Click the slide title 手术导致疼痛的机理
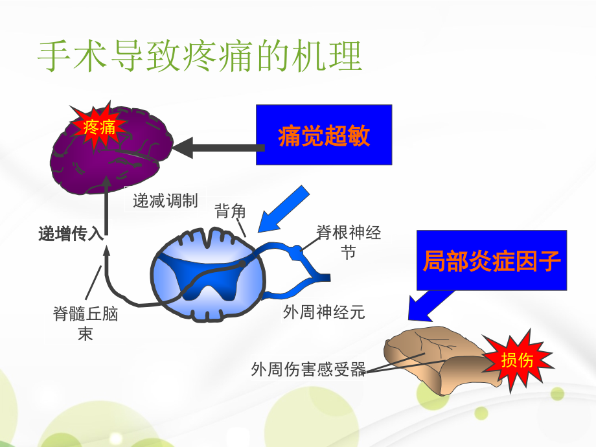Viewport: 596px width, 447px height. [199, 58]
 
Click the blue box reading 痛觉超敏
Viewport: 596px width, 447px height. [324, 135]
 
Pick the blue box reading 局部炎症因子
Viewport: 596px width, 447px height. [492, 260]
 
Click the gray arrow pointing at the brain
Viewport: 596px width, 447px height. [214, 148]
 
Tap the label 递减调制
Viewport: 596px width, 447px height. [165, 201]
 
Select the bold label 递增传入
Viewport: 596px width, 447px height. [71, 234]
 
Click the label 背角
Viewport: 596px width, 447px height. [230, 211]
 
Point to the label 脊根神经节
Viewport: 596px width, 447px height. [349, 242]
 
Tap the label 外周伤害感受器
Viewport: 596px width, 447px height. [308, 370]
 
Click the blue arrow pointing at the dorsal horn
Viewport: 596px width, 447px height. [283, 207]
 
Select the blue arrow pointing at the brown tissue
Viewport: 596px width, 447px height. [429, 304]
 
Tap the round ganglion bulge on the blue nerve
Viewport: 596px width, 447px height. [296, 251]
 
